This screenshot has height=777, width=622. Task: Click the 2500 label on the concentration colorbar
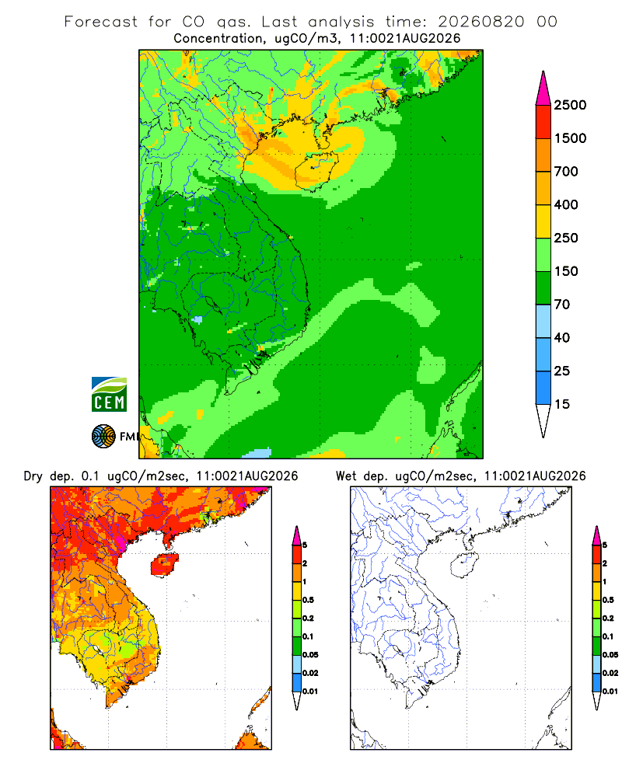pos(570,105)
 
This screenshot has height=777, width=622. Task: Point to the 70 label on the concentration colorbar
pos(562,305)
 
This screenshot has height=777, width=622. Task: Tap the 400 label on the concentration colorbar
pos(566,204)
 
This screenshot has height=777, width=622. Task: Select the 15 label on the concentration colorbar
pos(562,404)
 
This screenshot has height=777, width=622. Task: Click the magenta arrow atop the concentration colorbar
pos(543,89)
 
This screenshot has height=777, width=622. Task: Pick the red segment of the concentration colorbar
pos(543,122)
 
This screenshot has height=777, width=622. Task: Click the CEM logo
pos(109,395)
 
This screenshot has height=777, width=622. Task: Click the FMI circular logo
pos(103,437)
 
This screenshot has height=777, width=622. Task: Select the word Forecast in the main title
pos(101,22)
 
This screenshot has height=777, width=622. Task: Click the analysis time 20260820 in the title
pos(481,22)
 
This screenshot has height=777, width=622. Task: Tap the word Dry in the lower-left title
pos(33,477)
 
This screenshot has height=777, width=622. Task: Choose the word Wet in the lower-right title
pos(346,476)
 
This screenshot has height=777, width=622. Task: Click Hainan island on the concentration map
pos(316,171)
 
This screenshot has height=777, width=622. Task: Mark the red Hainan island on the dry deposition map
pos(164,565)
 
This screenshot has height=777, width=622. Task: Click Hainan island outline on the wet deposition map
pos(463,566)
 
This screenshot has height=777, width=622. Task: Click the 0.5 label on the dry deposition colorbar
pos(308,600)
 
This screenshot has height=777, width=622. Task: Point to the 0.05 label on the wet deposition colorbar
pos(610,655)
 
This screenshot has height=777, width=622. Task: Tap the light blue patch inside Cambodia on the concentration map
pos(197,319)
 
